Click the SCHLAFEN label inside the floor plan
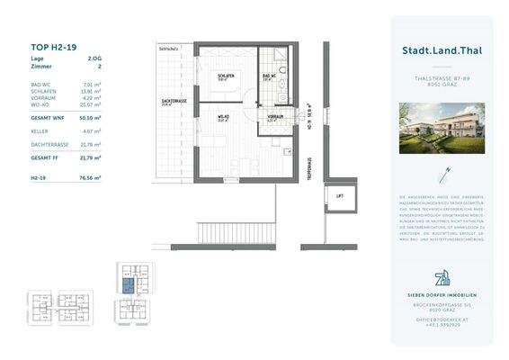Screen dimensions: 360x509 coord(225,76)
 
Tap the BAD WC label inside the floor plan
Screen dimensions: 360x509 coord(268,76)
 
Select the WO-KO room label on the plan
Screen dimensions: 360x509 coord(220,118)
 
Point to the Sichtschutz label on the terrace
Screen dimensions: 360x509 coord(169,49)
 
